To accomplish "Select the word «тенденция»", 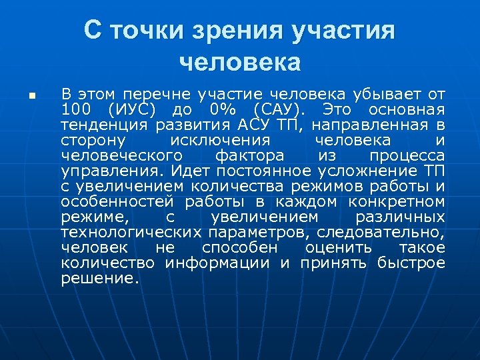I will (x=103, y=124).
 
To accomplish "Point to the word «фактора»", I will (x=250, y=155).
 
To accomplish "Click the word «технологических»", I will (x=131, y=232).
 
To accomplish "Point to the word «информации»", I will (x=218, y=263).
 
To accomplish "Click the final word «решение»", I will (x=100, y=279).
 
